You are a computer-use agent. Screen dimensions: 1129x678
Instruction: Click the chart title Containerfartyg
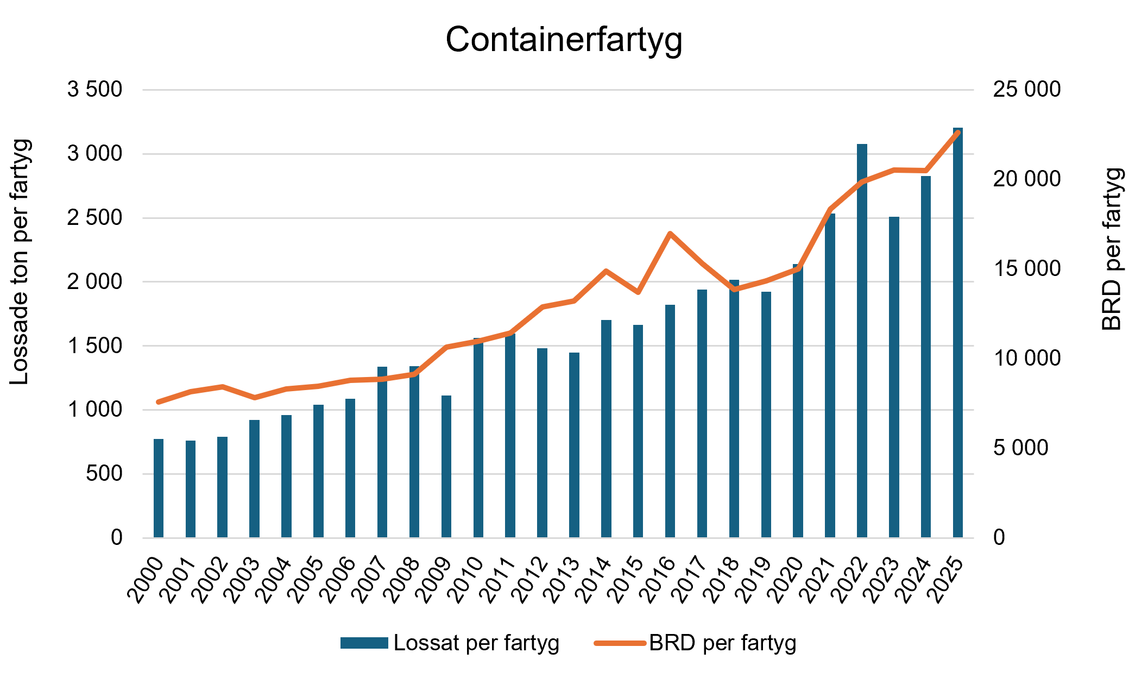(564, 40)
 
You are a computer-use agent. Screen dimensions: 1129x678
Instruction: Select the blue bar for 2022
(862, 341)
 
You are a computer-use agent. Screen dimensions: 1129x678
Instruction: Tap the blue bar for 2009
(446, 467)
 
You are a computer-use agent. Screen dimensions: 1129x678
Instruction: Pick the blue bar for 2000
(159, 488)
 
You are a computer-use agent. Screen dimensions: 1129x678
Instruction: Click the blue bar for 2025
(958, 332)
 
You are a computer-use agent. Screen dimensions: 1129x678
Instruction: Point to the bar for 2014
(606, 429)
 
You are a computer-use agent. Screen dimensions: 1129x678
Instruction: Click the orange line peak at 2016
(670, 234)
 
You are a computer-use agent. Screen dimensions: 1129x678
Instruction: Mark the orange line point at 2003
(255, 398)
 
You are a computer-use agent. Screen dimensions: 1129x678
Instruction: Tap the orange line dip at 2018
(734, 289)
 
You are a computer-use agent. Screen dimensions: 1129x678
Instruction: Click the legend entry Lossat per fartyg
(450, 643)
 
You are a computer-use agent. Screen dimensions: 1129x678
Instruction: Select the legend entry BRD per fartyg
(696, 643)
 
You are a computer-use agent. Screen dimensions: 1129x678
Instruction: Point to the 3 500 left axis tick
(95, 90)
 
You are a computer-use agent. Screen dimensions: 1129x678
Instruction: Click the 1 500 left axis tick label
(95, 346)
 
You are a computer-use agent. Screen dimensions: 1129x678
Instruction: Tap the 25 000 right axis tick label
(1027, 90)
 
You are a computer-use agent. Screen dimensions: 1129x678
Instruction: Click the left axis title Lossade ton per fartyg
(20, 262)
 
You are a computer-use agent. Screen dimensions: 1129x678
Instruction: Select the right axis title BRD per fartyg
(1112, 249)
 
